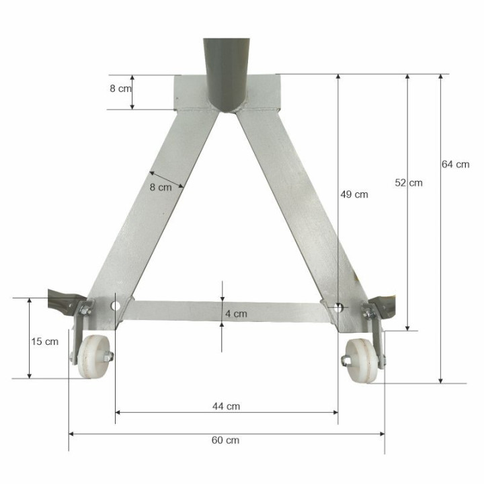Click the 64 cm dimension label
click(455, 164)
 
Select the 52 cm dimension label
click(408, 182)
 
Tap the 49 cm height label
click(354, 194)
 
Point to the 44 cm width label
click(226, 406)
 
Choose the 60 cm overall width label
click(226, 440)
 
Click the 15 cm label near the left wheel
click(45, 341)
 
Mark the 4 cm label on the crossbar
click(236, 313)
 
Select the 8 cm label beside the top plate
click(120, 88)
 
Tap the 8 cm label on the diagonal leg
click(161, 187)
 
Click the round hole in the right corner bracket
click(338, 307)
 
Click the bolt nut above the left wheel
click(86, 310)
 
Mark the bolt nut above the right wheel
click(368, 312)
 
